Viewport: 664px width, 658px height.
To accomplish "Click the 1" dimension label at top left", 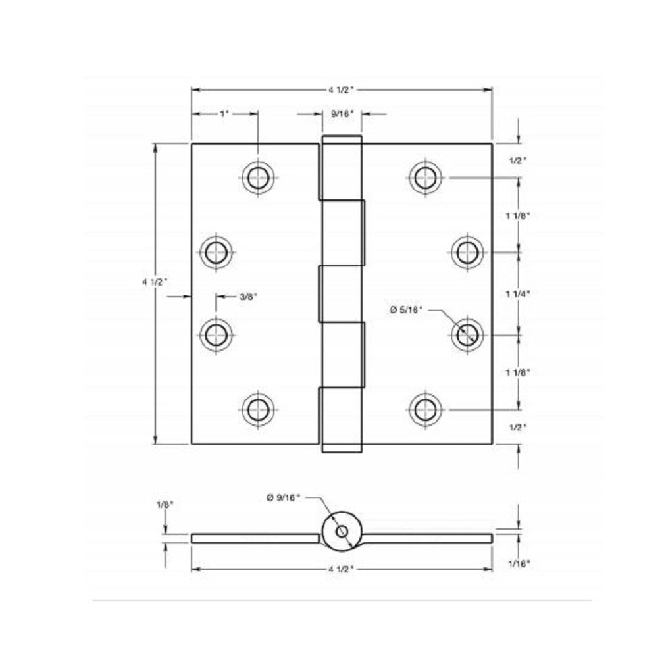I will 224,114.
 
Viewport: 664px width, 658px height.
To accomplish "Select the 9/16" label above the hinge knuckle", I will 342,114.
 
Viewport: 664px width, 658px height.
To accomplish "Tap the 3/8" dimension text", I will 248,297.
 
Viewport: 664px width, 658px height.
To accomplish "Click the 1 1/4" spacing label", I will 518,294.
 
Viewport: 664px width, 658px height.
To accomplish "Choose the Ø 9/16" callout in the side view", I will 283,498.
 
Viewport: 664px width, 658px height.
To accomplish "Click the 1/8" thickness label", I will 165,505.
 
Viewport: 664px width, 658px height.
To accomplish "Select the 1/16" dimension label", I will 519,563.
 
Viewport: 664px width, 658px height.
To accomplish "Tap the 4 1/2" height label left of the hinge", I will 155,282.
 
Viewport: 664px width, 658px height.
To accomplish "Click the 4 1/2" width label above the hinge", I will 342,89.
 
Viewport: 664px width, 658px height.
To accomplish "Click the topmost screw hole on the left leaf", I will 258,177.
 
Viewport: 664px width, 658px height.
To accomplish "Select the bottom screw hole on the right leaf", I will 425,409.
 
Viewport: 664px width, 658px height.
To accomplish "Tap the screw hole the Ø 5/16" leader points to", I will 467,334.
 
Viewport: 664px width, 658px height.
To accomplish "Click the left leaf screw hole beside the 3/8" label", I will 216,334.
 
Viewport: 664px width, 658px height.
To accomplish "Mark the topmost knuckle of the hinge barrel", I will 342,168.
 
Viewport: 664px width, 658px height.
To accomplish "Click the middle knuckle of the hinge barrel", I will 342,293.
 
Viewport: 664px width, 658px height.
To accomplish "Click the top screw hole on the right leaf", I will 425,177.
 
